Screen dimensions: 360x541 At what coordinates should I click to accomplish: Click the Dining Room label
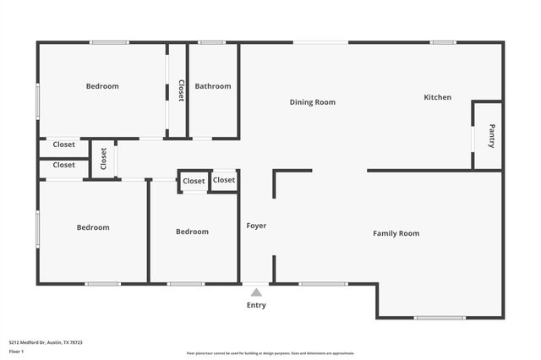point(313,102)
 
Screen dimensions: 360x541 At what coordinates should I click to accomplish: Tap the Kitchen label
point(437,97)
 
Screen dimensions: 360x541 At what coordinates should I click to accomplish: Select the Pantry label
point(491,136)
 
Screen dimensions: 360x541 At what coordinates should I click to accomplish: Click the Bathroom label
point(212,86)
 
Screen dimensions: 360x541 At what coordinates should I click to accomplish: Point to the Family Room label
point(396,233)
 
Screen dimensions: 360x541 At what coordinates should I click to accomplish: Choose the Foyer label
point(256,226)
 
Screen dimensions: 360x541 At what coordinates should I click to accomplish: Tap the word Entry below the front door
point(256,305)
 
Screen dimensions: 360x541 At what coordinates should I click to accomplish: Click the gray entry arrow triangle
point(256,292)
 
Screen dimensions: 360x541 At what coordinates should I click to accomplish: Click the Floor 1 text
point(16,351)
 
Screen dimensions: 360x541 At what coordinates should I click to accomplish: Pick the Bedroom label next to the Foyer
point(192,232)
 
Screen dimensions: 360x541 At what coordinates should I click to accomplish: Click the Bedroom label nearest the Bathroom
point(102,86)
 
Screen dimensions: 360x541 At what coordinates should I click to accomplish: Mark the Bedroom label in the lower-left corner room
point(93,227)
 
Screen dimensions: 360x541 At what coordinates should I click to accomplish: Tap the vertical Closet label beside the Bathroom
point(180,90)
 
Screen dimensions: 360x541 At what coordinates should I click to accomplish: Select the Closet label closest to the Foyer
point(224,180)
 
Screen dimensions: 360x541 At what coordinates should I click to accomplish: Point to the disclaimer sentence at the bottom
point(270,353)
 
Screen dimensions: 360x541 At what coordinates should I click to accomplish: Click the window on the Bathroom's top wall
point(211,42)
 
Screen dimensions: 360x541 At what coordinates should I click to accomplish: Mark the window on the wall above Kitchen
point(443,42)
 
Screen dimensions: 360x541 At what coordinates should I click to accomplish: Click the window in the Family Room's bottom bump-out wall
point(440,318)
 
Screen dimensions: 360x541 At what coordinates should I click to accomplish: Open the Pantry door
point(472,135)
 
